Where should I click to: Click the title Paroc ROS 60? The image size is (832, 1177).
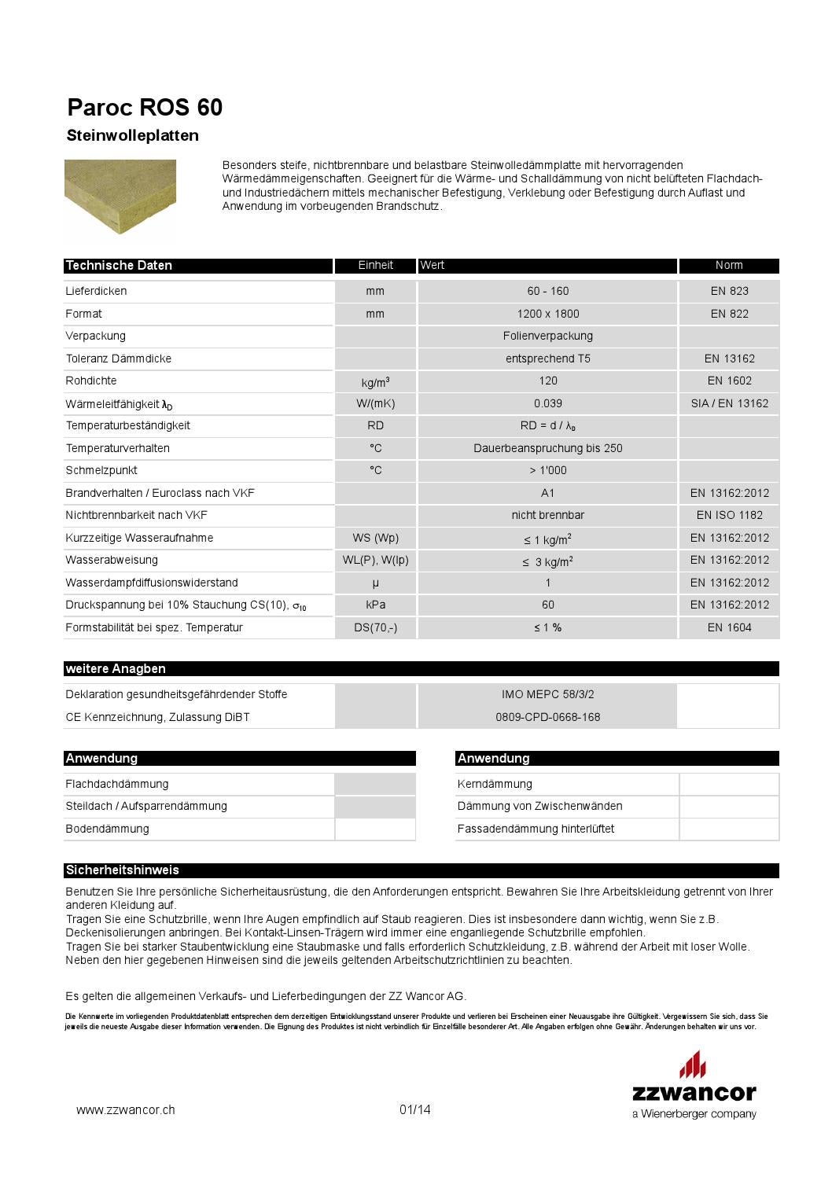coord(145,108)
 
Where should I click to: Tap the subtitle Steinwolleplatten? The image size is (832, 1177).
coord(132,136)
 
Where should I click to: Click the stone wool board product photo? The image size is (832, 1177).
coord(120,196)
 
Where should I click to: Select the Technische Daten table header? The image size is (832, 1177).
coord(119,266)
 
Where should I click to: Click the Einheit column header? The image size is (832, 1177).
coord(375,266)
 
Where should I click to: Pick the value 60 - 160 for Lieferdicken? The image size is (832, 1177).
coord(547,291)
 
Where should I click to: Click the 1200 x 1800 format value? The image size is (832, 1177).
coord(547,314)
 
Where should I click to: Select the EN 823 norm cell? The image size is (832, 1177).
coord(729,291)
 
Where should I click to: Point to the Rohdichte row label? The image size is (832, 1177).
coord(91,381)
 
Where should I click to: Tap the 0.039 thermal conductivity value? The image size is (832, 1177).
coord(547,403)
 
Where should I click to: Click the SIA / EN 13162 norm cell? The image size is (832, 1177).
coord(729,403)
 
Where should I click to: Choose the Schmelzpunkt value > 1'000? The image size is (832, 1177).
coord(547,470)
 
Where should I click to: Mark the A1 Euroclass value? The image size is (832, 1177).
coord(547,493)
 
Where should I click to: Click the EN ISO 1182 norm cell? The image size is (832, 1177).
coord(729,515)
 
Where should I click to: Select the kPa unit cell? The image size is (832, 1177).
coord(375,605)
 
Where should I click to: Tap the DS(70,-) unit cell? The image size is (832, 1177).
coord(375,627)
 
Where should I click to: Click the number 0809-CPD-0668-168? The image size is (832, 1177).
coord(547,717)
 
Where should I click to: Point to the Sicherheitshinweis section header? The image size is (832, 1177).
coord(123,870)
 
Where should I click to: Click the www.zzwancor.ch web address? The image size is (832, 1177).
coord(126,1110)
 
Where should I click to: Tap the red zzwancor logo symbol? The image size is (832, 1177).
coord(693,1065)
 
